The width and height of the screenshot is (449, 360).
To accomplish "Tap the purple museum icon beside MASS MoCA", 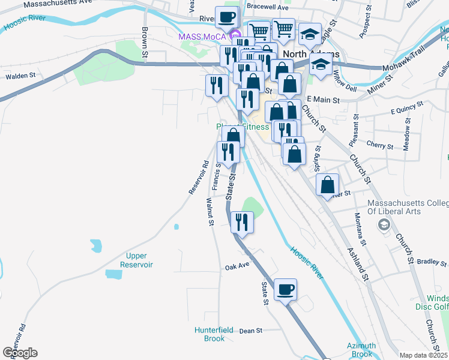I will point(235,37).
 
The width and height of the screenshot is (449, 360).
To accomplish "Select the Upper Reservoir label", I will point(137,260).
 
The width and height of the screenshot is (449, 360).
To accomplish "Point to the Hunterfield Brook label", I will point(209,334).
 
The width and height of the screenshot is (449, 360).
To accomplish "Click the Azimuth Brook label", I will point(361,350).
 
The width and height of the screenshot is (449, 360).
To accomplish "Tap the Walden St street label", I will point(21,76).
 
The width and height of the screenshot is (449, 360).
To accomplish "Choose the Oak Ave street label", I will point(237,266).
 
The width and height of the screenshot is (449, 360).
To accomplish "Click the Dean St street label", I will point(251,331).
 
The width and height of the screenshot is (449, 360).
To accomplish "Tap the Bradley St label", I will point(428,262).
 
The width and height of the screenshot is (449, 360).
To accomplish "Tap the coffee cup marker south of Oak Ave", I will point(285,290).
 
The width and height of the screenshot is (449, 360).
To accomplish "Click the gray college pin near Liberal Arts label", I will point(383,225).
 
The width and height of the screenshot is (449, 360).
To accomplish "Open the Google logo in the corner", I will point(20,353).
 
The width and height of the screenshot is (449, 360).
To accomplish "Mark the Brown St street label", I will point(145,43).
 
